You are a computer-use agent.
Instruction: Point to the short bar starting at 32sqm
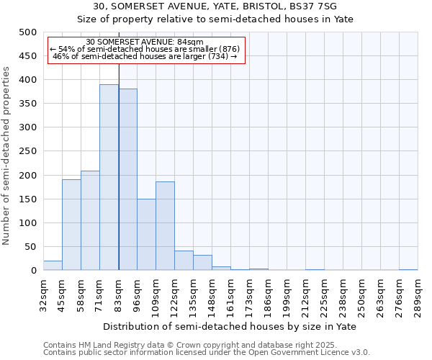pos(53,266)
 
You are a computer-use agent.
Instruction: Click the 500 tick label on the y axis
pos(28,32)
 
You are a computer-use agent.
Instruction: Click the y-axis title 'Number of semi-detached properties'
pos(7,156)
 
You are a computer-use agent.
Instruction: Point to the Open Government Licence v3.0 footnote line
pos(207,353)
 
